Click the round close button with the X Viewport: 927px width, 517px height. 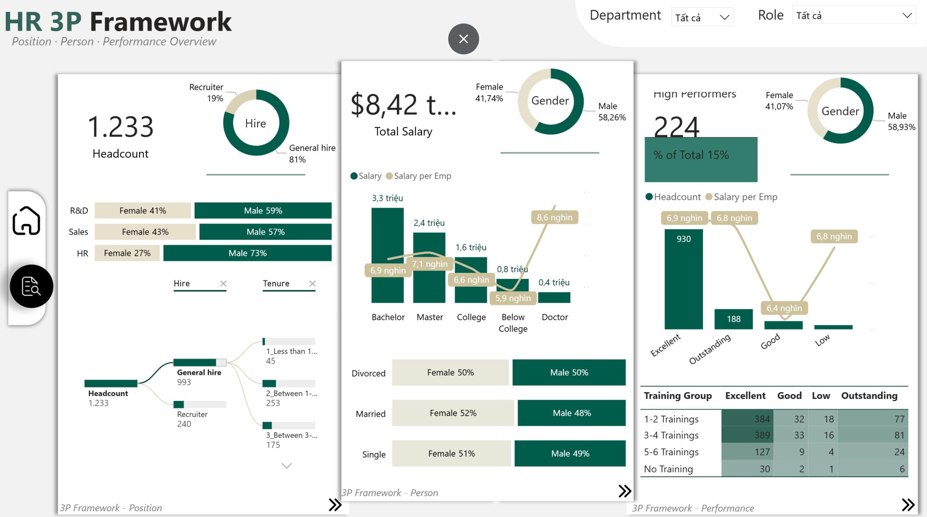click(x=463, y=39)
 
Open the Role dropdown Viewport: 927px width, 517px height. click(x=853, y=16)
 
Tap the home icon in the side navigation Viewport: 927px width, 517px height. click(x=26, y=221)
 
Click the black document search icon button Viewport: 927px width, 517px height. click(x=32, y=286)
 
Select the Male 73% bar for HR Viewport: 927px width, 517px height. click(x=247, y=253)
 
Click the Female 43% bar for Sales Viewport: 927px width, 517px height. click(x=145, y=232)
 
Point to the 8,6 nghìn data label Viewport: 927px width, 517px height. click(x=554, y=217)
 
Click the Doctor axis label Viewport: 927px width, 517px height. click(x=554, y=317)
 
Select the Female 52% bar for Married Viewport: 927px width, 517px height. click(x=453, y=413)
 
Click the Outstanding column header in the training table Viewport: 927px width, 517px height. click(x=869, y=395)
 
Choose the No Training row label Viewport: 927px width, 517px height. click(x=668, y=469)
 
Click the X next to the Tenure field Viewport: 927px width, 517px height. click(x=313, y=284)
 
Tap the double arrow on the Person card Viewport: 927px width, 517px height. click(x=625, y=491)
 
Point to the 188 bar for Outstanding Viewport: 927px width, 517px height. click(x=733, y=319)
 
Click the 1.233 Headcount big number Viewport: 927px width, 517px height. click(x=121, y=127)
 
